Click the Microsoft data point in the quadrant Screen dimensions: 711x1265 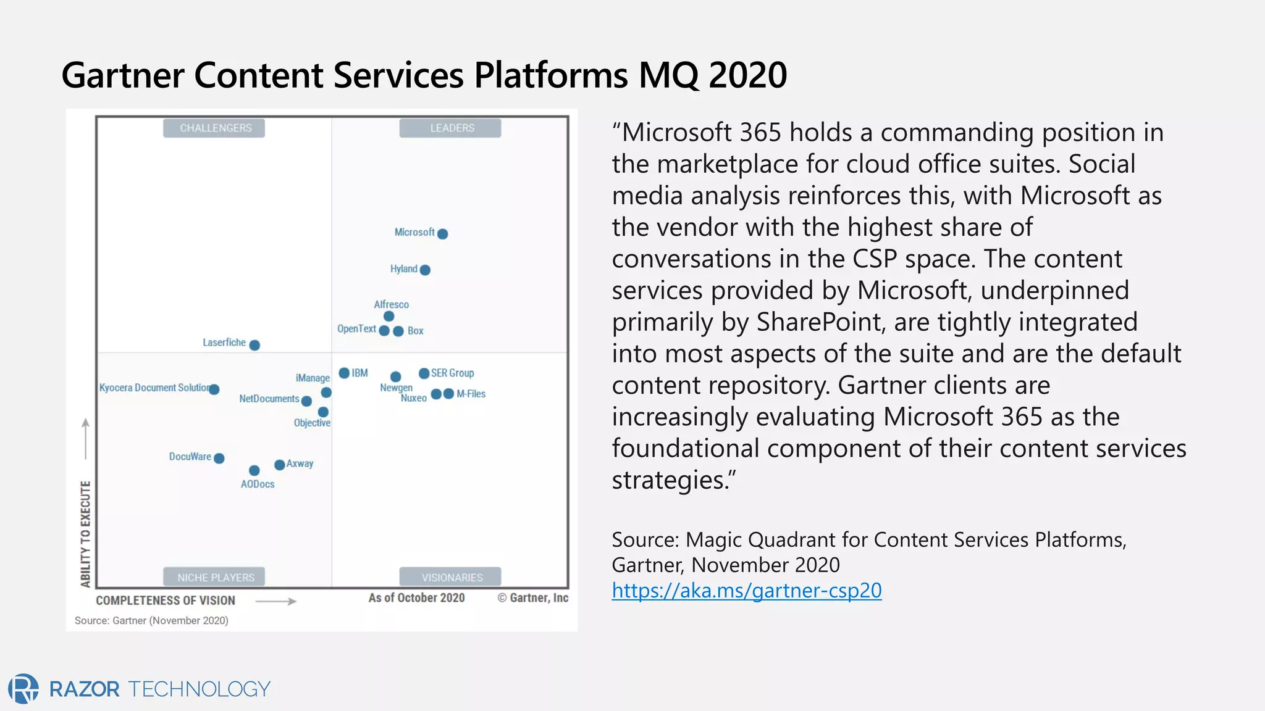click(442, 234)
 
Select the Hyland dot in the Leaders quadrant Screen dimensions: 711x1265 click(425, 270)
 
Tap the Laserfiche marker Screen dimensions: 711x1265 click(254, 345)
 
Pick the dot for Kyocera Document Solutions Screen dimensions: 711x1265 click(214, 389)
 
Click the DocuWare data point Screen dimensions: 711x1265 click(219, 458)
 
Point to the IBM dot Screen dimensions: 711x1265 click(344, 373)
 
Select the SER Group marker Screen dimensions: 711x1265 click(424, 373)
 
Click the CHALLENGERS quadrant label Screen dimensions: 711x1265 click(215, 128)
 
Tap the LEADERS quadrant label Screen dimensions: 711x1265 click(452, 128)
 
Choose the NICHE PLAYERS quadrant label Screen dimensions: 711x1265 click(215, 577)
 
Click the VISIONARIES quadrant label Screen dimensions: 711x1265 click(452, 577)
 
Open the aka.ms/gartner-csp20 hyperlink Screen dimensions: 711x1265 click(746, 591)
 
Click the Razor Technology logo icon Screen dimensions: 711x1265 click(23, 689)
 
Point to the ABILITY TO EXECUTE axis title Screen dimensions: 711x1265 click(85, 533)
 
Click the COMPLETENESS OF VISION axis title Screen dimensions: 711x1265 click(166, 601)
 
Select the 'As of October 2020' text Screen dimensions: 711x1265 click(416, 597)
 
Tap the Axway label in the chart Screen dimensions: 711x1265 click(300, 464)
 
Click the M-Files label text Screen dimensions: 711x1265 click(471, 394)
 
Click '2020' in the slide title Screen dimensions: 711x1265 click(747, 75)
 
